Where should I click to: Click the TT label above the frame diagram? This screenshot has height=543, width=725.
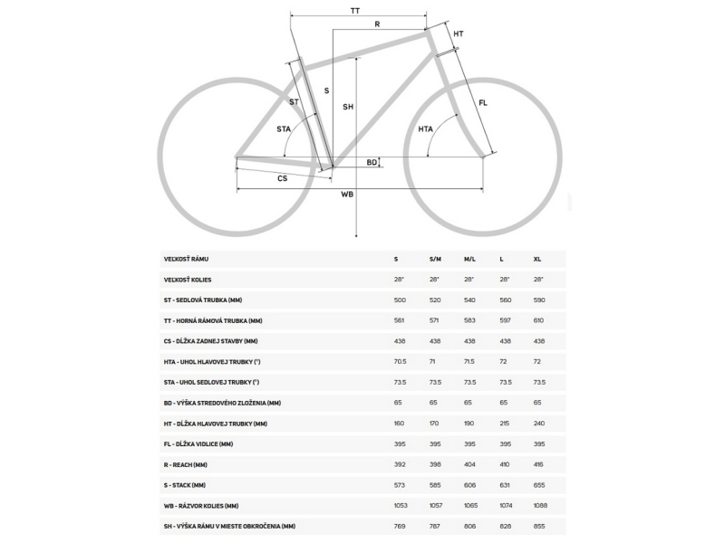click(354, 9)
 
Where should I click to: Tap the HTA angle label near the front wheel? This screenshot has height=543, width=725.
click(425, 129)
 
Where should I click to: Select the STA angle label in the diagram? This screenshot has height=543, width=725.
click(284, 129)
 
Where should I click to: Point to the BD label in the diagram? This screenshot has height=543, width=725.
click(372, 162)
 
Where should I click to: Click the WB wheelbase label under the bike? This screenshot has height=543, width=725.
click(346, 195)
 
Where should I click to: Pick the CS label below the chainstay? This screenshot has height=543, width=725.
click(282, 178)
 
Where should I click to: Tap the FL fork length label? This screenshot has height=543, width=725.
click(483, 103)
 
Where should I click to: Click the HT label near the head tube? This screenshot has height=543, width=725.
click(459, 33)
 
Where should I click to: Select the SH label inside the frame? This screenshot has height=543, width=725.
click(347, 107)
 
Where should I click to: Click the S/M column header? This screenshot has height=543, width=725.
click(435, 259)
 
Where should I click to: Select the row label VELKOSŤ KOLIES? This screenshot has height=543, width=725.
click(188, 280)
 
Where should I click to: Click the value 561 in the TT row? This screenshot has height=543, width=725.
click(400, 320)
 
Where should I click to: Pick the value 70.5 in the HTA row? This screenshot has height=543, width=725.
click(401, 362)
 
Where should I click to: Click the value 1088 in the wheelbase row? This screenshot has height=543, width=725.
click(542, 506)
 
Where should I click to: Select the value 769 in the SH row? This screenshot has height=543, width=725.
click(400, 526)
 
